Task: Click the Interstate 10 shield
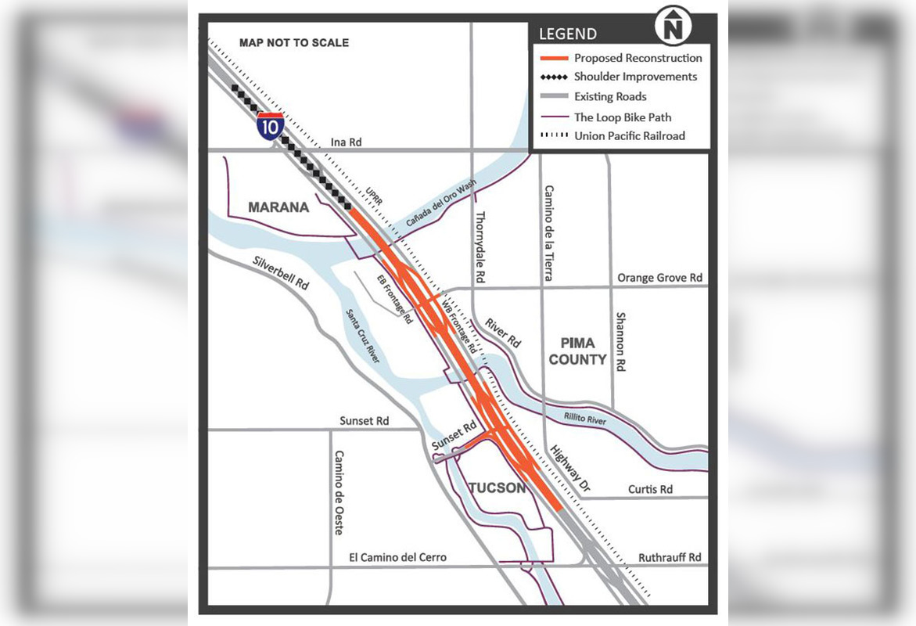(x=270, y=126)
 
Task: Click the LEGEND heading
(x=567, y=34)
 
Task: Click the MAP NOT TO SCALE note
(x=294, y=42)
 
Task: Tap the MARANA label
(x=278, y=207)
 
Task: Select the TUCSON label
(x=498, y=488)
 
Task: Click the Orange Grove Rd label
(x=659, y=278)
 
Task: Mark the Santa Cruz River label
(x=363, y=336)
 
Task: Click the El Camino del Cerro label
(x=398, y=557)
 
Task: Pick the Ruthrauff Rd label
(x=670, y=557)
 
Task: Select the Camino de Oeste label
(x=339, y=493)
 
